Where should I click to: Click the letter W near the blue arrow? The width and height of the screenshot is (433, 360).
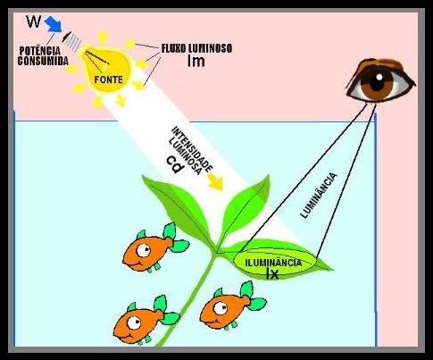click(33, 21)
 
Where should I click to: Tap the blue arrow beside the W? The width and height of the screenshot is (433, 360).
click(54, 24)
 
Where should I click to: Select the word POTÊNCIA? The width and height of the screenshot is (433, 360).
click(39, 51)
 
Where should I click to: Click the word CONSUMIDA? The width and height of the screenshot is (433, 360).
click(43, 61)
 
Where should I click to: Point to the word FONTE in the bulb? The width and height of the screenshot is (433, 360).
click(108, 80)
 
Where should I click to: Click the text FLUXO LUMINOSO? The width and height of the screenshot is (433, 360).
click(196, 48)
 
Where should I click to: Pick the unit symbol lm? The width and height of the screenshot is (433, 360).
click(196, 61)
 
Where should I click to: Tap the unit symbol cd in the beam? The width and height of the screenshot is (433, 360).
click(175, 165)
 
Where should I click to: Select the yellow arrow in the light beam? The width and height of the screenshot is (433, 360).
click(215, 181)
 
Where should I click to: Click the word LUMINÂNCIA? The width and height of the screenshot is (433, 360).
click(319, 196)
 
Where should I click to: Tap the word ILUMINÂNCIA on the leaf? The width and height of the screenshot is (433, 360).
click(273, 263)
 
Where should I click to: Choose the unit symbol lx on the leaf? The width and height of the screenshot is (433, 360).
click(272, 274)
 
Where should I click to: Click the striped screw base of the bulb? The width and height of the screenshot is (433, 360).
click(73, 41)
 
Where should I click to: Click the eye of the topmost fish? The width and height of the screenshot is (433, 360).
click(144, 250)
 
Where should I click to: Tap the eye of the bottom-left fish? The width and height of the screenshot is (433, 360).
click(134, 323)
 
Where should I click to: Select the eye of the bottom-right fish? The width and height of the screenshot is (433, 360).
click(221, 308)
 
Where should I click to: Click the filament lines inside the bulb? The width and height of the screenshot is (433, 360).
click(97, 61)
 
